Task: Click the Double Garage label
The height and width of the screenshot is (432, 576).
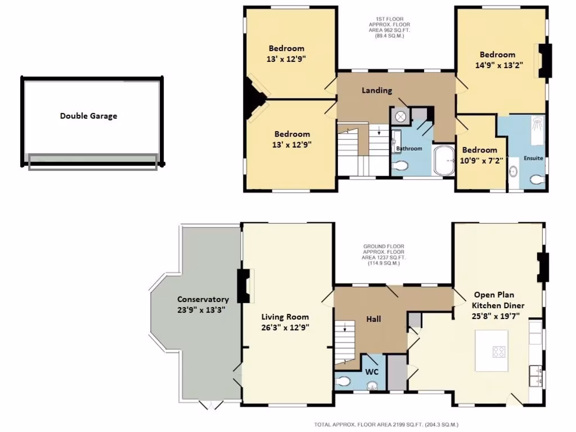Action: tap(88, 116)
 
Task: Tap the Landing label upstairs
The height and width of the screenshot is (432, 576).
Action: tap(376, 90)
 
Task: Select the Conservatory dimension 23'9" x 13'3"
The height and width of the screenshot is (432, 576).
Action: tap(202, 309)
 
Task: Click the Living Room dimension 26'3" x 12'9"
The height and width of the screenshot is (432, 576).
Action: tap(285, 327)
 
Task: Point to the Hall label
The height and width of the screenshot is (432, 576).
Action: tap(373, 319)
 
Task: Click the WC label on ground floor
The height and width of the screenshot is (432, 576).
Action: tap(372, 371)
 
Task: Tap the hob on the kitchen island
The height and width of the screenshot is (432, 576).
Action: tap(498, 352)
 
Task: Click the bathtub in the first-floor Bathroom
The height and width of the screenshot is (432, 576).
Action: tap(445, 160)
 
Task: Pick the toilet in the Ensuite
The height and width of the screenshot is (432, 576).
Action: tap(537, 179)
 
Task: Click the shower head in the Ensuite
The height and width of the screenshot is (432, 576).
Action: tap(538, 121)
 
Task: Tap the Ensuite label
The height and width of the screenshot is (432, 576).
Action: tap(533, 158)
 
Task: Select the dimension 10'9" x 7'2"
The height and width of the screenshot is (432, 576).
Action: tap(482, 160)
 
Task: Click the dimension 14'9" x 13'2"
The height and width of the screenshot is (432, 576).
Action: tap(499, 65)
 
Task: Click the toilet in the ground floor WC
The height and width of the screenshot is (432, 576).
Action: tap(343, 381)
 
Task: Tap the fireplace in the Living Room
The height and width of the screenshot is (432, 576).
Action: tap(243, 286)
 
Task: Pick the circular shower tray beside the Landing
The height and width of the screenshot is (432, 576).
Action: tap(401, 116)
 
